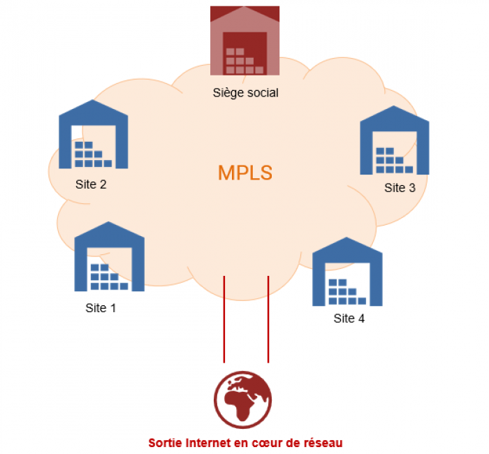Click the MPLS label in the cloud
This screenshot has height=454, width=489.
point(245,173)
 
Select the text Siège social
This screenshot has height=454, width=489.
point(245,92)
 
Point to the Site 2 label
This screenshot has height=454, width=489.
point(91,185)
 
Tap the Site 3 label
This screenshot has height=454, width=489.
point(400,188)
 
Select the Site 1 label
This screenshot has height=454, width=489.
point(101,307)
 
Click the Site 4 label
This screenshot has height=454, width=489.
point(349,319)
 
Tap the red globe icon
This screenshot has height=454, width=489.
point(242,399)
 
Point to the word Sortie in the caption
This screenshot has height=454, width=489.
point(164,442)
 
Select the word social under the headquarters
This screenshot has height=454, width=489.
point(263,92)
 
